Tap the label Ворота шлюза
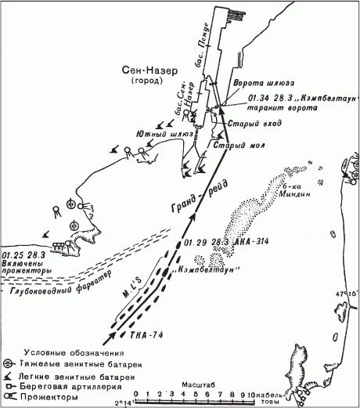(x=255, y=83)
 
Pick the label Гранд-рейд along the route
(x=185, y=202)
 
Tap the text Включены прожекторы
(x=24, y=262)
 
